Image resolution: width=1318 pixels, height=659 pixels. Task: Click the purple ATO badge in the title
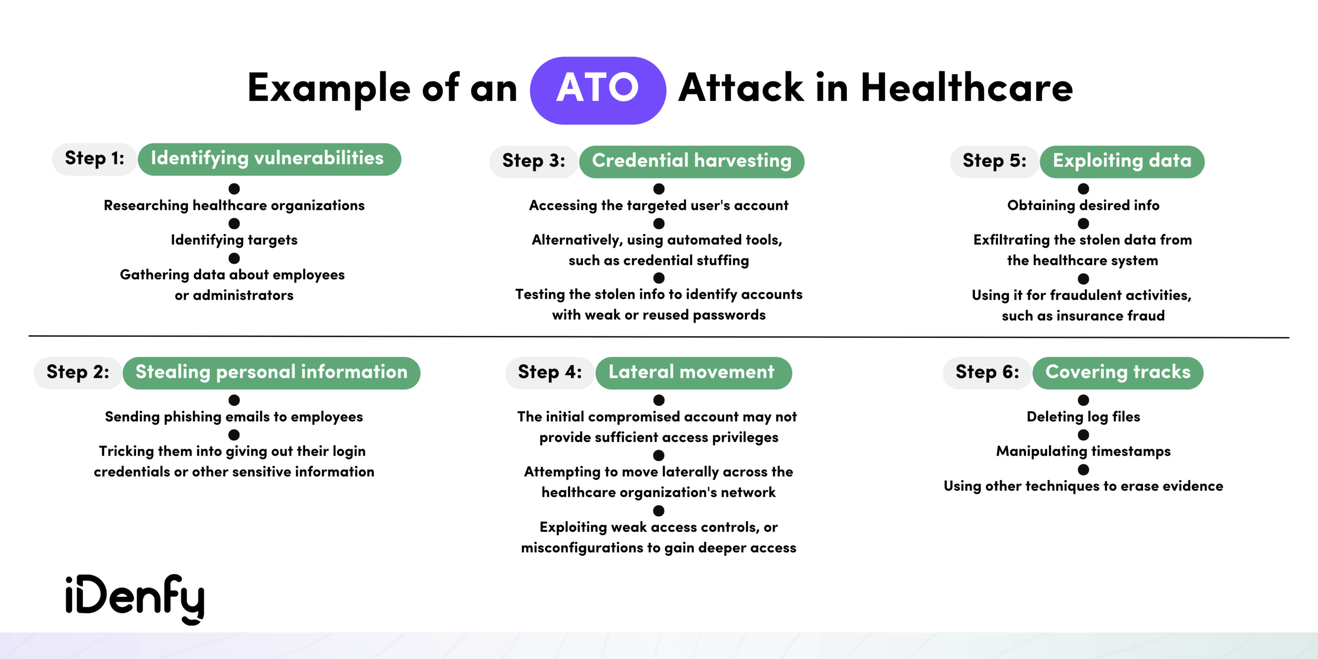click(x=597, y=90)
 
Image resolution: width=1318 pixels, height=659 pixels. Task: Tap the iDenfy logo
click(x=135, y=599)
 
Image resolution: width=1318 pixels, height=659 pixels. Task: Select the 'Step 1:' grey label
click(x=94, y=159)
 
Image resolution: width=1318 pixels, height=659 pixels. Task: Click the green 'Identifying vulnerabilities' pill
click(x=268, y=159)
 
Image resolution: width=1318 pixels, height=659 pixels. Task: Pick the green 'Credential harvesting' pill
click(x=691, y=162)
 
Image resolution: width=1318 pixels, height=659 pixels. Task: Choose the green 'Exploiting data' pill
click(x=1121, y=162)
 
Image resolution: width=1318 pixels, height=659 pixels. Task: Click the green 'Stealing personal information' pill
click(x=271, y=373)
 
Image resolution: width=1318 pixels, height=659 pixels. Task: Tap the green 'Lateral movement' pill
click(x=692, y=373)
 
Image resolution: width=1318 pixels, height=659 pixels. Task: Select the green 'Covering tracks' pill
click(x=1117, y=373)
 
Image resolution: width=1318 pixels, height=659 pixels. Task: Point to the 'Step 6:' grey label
click(x=987, y=373)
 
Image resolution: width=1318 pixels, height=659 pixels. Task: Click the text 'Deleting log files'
click(x=1083, y=417)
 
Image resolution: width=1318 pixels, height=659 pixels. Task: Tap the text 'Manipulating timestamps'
click(x=1083, y=452)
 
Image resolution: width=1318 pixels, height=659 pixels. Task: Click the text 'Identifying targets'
click(x=234, y=241)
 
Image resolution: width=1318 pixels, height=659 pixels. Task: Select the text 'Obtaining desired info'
click(x=1083, y=206)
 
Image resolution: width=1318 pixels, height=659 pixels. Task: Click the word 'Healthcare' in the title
click(x=966, y=88)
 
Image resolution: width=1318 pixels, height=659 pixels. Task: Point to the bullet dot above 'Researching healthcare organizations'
click(x=234, y=189)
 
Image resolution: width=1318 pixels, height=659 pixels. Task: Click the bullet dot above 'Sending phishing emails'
click(x=234, y=400)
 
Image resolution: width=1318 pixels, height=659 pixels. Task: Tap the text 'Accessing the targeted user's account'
click(x=658, y=206)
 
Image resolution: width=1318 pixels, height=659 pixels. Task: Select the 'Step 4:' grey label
click(x=550, y=373)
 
